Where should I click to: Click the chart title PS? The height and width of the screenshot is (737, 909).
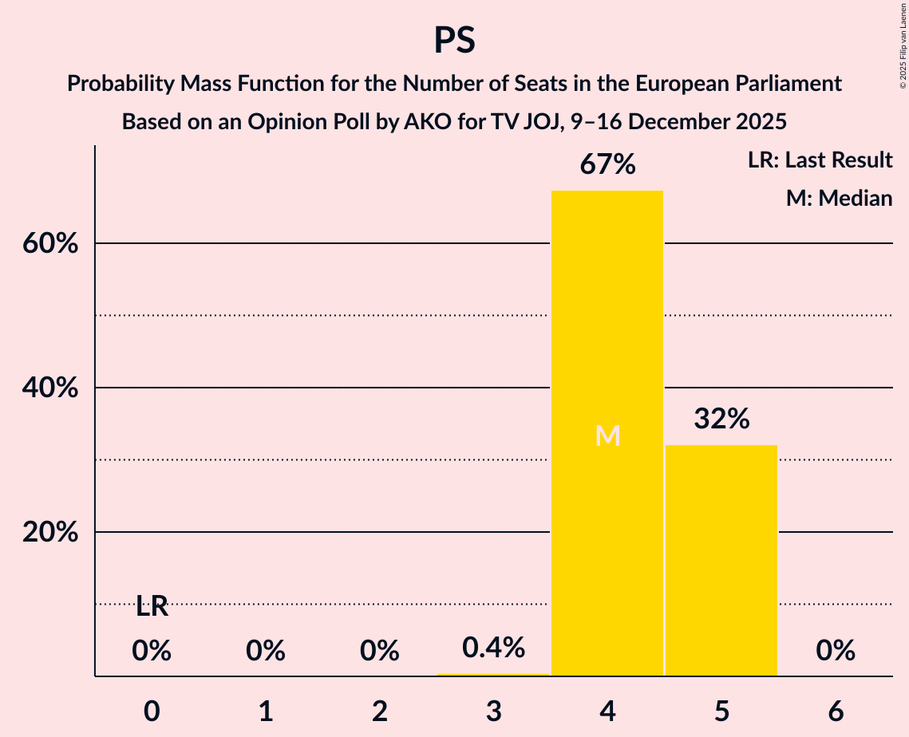pyautogui.click(x=454, y=40)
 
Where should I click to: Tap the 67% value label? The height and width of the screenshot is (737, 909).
pyautogui.click(x=607, y=165)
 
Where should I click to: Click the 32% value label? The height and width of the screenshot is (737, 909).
pyautogui.click(x=721, y=419)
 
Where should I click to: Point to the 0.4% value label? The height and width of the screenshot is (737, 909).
pyautogui.click(x=493, y=648)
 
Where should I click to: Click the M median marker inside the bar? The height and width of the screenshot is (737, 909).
pyautogui.click(x=607, y=436)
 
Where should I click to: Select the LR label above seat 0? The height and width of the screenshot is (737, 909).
pyautogui.click(x=152, y=607)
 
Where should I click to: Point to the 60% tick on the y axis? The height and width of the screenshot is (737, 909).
pyautogui.click(x=50, y=243)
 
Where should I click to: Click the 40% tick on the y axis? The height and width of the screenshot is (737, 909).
pyautogui.click(x=50, y=388)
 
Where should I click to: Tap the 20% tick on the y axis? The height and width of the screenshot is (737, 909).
pyautogui.click(x=50, y=532)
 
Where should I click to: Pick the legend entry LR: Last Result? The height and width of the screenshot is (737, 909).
pyautogui.click(x=820, y=160)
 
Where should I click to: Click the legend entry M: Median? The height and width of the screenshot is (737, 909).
pyautogui.click(x=839, y=198)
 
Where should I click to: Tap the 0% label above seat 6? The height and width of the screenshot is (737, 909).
pyautogui.click(x=836, y=652)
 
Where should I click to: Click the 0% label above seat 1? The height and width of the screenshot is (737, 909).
pyautogui.click(x=266, y=652)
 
